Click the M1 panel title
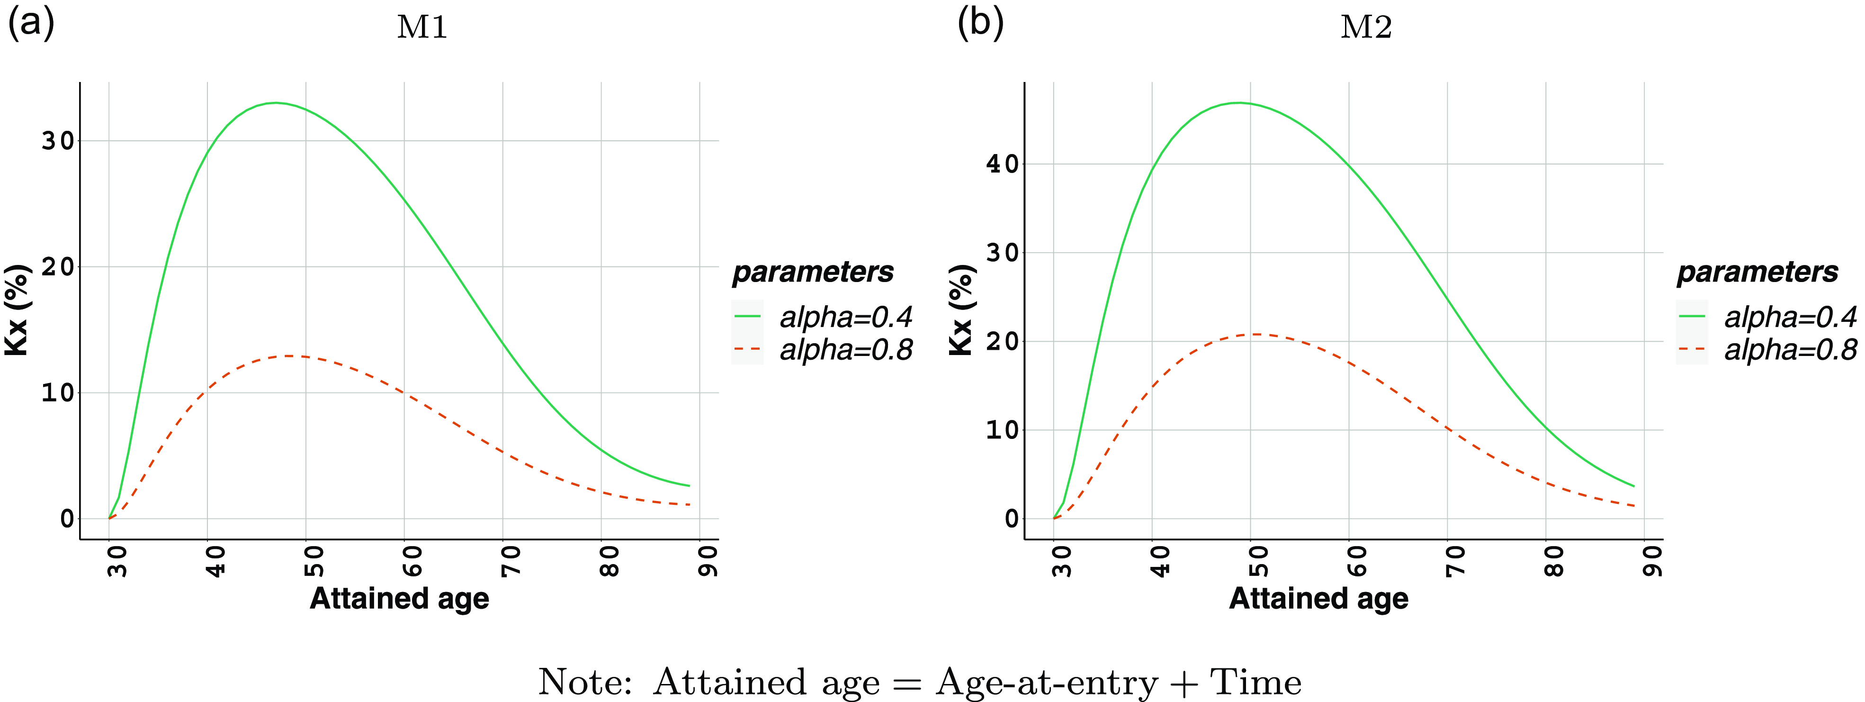coord(422,27)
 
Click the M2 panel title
coord(1366,27)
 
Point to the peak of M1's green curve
coord(276,103)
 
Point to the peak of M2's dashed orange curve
coord(1258,334)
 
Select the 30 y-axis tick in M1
coord(58,141)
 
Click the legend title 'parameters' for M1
coord(812,272)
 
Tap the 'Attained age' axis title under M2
coord(1318,598)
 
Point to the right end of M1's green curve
coord(689,485)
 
